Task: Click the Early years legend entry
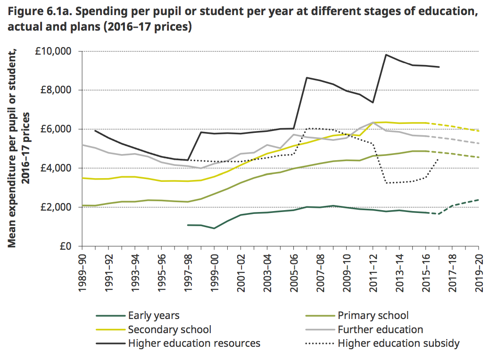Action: coord(154,316)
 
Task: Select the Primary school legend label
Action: coord(373,316)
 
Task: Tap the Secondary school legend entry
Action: coord(170,329)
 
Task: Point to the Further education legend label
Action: coord(380,329)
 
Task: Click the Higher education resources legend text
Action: coord(194,343)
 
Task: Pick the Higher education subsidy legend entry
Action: coord(398,343)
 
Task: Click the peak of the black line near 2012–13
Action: coord(386,55)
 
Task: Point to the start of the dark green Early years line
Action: coord(188,225)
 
